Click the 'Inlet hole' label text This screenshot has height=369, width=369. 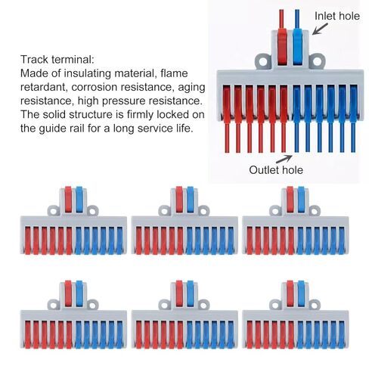(337, 16)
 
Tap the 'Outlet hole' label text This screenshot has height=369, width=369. (276, 170)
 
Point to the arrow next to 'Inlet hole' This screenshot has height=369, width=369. (320, 29)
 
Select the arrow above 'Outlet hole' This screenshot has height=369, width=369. (284, 159)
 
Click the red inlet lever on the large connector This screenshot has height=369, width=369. (282, 47)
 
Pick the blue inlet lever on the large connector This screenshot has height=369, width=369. (297, 47)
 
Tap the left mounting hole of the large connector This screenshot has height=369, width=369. (263, 61)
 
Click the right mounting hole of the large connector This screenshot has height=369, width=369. (317, 61)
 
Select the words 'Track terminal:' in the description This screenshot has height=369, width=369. (57, 60)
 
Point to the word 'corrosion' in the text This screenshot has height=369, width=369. (94, 87)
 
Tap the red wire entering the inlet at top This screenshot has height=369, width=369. (281, 19)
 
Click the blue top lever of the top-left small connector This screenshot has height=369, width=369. (79, 199)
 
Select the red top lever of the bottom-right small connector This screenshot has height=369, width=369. (290, 293)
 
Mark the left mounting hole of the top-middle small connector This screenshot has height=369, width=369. (164, 211)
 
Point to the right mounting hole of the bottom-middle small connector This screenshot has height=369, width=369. (203, 305)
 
